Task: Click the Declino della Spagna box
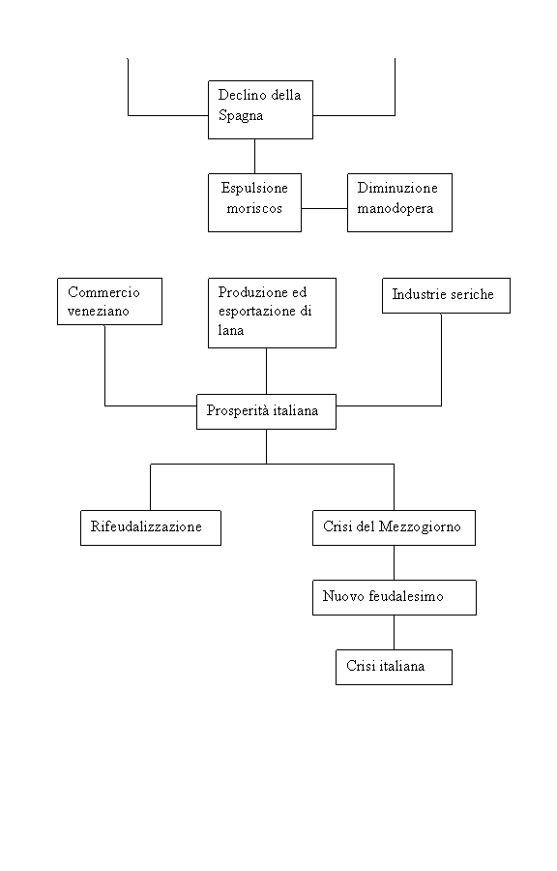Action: pyautogui.click(x=260, y=109)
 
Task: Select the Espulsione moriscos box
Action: pyautogui.click(x=254, y=202)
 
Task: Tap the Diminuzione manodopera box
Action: pyautogui.click(x=399, y=202)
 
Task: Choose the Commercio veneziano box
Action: pyautogui.click(x=109, y=301)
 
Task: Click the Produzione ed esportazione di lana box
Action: pyautogui.click(x=272, y=313)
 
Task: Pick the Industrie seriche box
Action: pyautogui.click(x=446, y=295)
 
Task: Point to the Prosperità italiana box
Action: pyautogui.click(x=266, y=411)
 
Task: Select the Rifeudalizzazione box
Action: pyautogui.click(x=150, y=527)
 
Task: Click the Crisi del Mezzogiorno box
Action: pyautogui.click(x=394, y=527)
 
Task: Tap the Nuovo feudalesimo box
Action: pyautogui.click(x=395, y=597)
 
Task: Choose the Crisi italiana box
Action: pyautogui.click(x=394, y=667)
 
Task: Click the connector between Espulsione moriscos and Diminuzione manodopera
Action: pyautogui.click(x=325, y=209)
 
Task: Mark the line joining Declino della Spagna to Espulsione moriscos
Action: pyautogui.click(x=254, y=156)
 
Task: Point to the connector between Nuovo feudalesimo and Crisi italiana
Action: pyautogui.click(x=394, y=632)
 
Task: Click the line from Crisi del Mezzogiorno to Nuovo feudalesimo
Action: pyautogui.click(x=394, y=562)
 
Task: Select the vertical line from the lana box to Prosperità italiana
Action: pyautogui.click(x=266, y=371)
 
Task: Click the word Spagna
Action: pyautogui.click(x=241, y=115)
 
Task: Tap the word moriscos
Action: pyautogui.click(x=254, y=209)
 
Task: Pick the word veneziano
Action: pyautogui.click(x=99, y=311)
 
